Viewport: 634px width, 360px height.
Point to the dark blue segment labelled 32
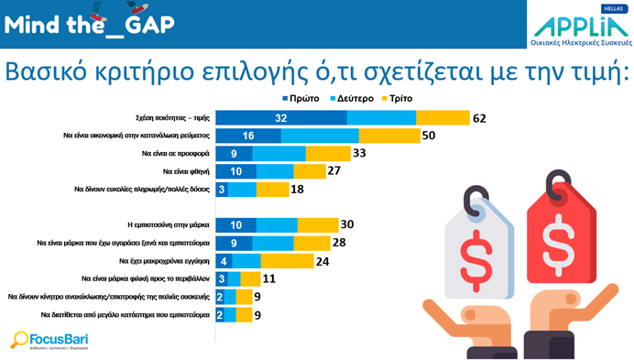tap(281, 118)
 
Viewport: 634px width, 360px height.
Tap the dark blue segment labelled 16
tap(248, 136)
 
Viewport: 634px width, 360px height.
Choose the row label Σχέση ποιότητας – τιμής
tap(166, 118)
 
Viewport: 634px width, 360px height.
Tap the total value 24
tap(323, 260)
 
